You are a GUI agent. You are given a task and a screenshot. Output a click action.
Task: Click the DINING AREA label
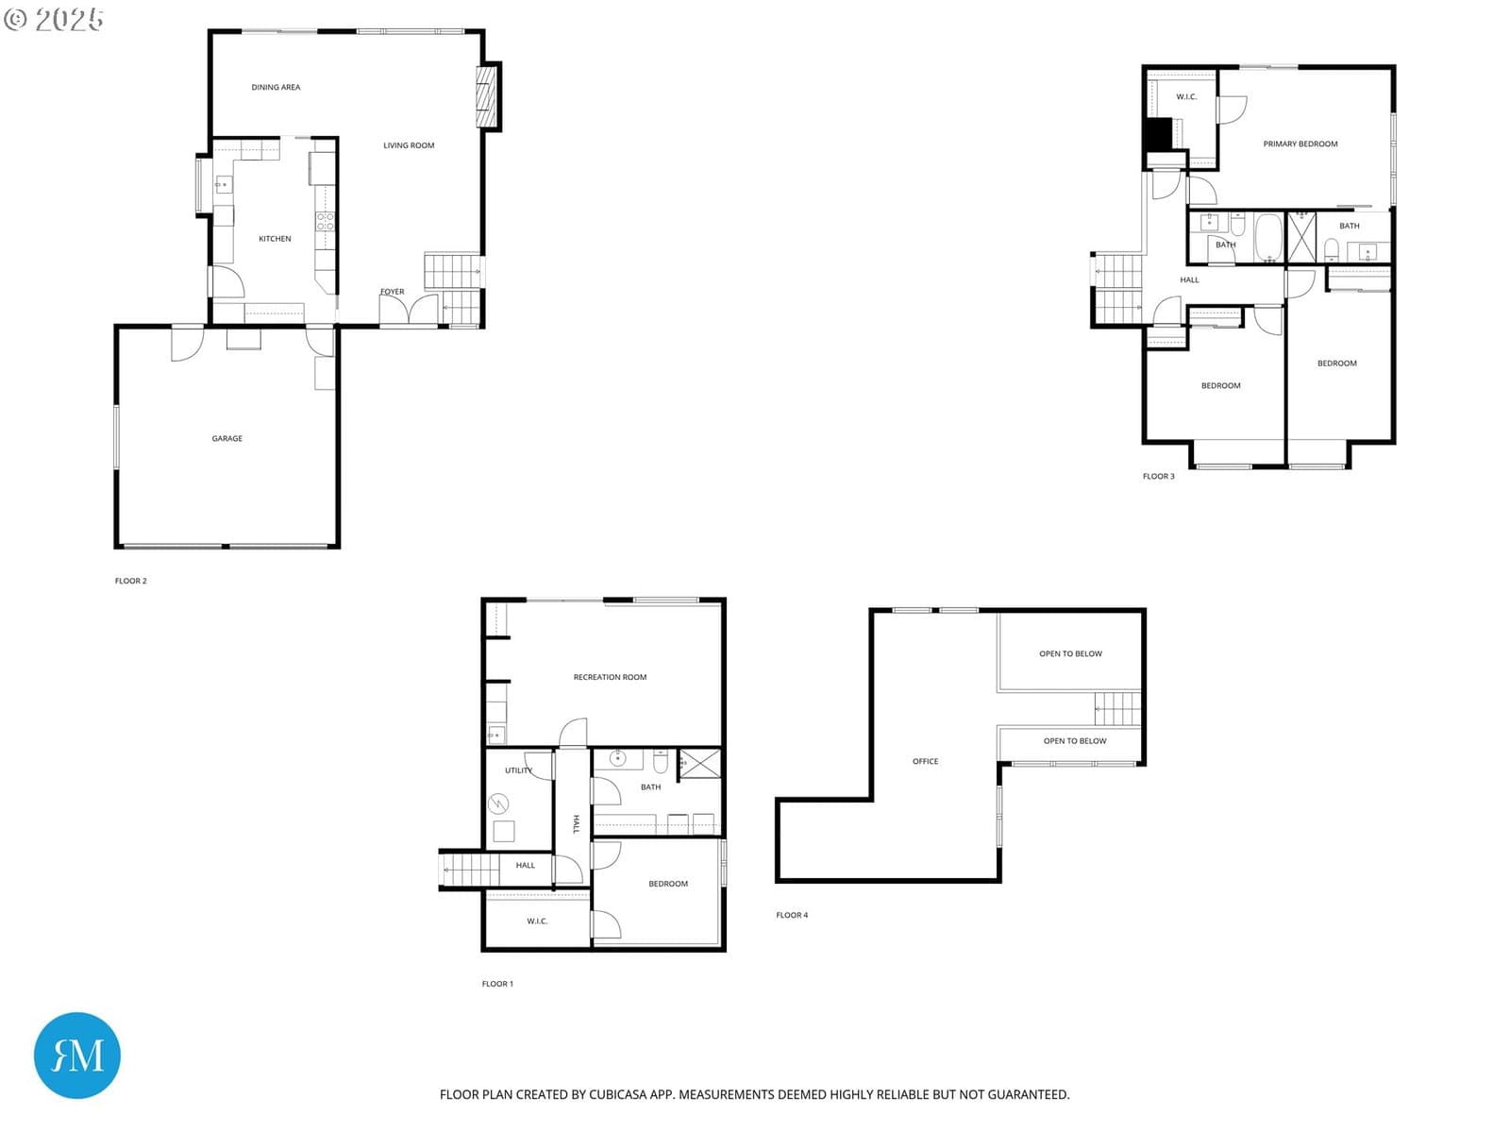coord(276,88)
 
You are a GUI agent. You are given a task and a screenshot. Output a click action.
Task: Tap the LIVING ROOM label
coord(409,145)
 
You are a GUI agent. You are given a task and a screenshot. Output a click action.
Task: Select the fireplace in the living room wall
coord(488,96)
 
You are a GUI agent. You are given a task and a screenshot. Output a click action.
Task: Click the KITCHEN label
coord(275,239)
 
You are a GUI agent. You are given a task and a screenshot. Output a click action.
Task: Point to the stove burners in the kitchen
coord(325,222)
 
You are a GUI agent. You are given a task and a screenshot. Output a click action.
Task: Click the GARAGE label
coord(227,438)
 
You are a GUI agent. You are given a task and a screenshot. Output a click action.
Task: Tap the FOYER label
coord(392,292)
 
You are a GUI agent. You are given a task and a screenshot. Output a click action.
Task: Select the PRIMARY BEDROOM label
coord(1300,144)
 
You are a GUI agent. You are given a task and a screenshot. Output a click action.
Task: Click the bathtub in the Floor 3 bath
coord(1268,237)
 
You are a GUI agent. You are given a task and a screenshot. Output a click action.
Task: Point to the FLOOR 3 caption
coord(1159,476)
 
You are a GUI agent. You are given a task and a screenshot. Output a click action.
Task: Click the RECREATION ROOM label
coord(610,677)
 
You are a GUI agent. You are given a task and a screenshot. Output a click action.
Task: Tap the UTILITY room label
coord(518,770)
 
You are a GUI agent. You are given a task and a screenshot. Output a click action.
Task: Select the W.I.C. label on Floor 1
coord(537,922)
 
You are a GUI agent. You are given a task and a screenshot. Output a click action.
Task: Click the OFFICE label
coord(925,761)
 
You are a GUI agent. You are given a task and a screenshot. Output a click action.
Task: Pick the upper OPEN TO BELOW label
coord(1070,653)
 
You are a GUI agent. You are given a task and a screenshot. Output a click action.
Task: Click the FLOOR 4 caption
coord(792,915)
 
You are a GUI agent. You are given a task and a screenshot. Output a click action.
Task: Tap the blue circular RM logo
coord(77,1055)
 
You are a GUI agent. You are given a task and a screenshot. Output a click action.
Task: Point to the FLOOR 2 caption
coord(130,581)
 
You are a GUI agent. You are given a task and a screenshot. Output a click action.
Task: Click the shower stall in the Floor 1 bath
coord(699,764)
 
